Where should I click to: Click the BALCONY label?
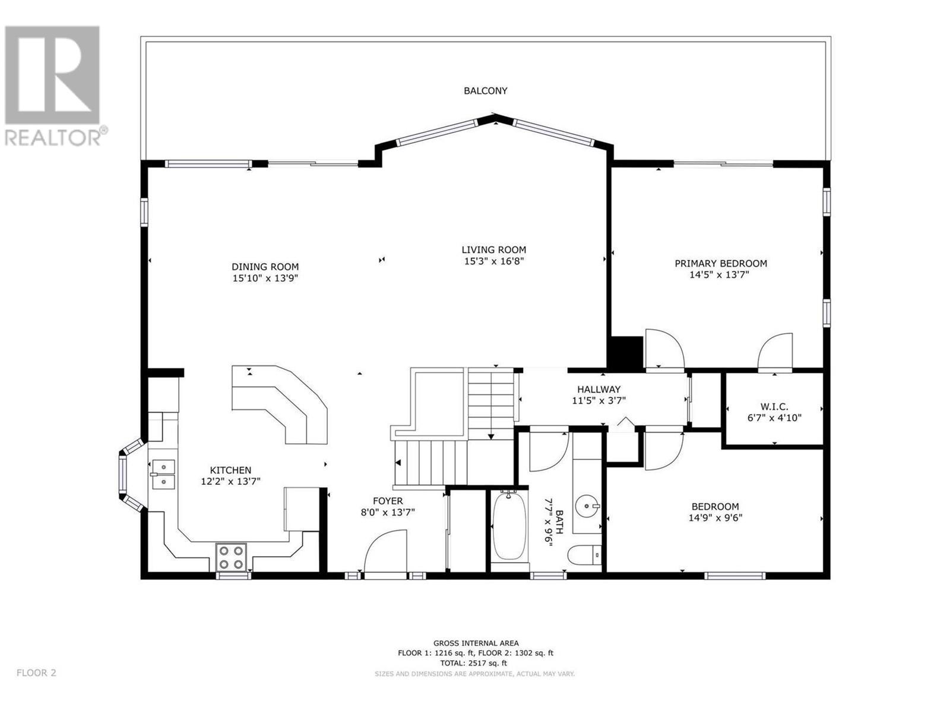pyautogui.click(x=485, y=91)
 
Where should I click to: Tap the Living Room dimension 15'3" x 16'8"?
pyautogui.click(x=494, y=261)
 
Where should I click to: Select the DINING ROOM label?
pyautogui.click(x=265, y=267)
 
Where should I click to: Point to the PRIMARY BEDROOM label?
pyautogui.click(x=721, y=263)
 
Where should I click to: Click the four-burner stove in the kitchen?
pyautogui.click(x=231, y=557)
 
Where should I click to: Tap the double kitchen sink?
pyautogui.click(x=163, y=475)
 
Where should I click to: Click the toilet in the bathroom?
pyautogui.click(x=584, y=554)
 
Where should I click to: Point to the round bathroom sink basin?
pyautogui.click(x=587, y=505)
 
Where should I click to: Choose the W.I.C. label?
pyautogui.click(x=774, y=406)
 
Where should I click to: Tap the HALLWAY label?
pyautogui.click(x=598, y=389)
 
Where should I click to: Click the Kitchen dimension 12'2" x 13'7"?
pyautogui.click(x=231, y=481)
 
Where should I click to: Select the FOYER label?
pyautogui.click(x=388, y=501)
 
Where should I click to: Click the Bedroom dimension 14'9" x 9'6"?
pyautogui.click(x=715, y=518)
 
